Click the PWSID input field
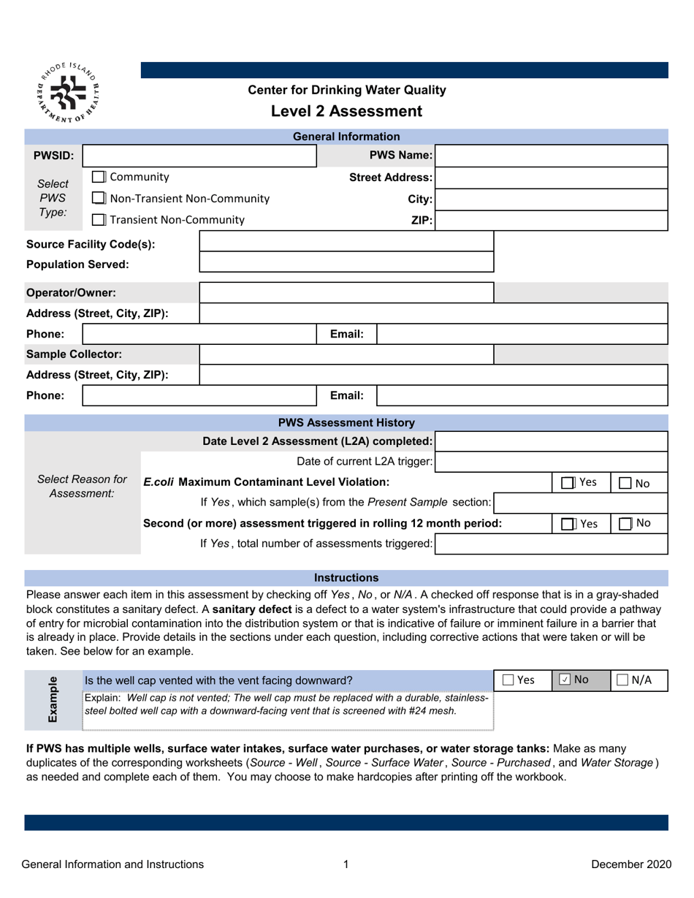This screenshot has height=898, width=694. coord(199,156)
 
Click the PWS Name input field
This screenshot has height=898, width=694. coord(552,156)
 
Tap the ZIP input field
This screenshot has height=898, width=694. coord(552,220)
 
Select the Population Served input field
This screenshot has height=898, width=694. coord(346,263)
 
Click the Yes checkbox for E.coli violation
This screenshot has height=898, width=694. coord(568,483)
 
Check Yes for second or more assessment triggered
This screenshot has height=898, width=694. coord(568,523)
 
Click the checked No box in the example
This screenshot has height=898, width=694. coord(564,680)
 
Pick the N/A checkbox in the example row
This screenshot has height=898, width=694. coord(622,680)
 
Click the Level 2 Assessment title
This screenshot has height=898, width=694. coord(346,112)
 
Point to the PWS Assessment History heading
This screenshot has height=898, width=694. coord(346,422)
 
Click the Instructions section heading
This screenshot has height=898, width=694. coord(346,577)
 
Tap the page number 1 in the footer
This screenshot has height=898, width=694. coord(346,864)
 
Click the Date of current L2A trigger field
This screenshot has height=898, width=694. coord(552,462)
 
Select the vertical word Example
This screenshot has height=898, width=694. coord(53,699)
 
